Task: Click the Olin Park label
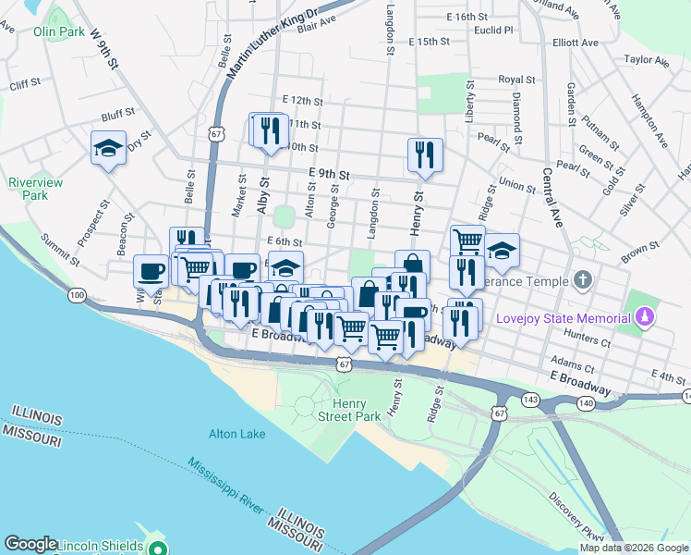[x=60, y=31]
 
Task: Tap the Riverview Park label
[x=35, y=189]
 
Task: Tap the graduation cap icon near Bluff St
[x=108, y=148]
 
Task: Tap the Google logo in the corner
[x=31, y=544]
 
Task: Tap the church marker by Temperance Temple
[x=582, y=279]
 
